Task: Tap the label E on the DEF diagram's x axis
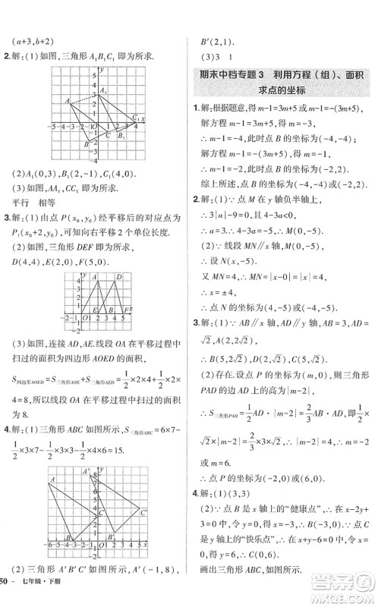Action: point(93,310)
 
